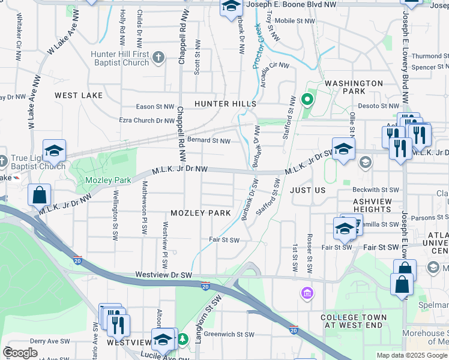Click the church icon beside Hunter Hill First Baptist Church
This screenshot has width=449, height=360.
pyautogui.click(x=158, y=58)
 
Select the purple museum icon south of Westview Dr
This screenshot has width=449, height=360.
pyautogui.click(x=307, y=293)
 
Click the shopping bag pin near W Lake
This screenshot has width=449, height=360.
pyautogui.click(x=39, y=196)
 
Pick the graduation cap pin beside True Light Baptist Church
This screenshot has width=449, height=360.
pyautogui.click(x=54, y=151)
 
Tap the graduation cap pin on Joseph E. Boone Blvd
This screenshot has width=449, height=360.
pyautogui.click(x=230, y=7)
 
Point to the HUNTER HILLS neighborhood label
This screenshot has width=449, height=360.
pyautogui.click(x=225, y=104)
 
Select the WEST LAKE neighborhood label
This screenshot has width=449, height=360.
pyautogui.click(x=79, y=95)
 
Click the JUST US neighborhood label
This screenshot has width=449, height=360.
pyautogui.click(x=307, y=190)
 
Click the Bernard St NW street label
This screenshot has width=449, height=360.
pyautogui.click(x=209, y=141)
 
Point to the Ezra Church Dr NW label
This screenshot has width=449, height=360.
pyautogui.click(x=146, y=120)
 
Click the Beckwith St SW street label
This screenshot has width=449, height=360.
pyautogui.click(x=376, y=190)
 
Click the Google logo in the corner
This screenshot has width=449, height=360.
pyautogui.click(x=20, y=353)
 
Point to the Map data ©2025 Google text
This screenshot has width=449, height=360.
pyautogui.click(x=412, y=355)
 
